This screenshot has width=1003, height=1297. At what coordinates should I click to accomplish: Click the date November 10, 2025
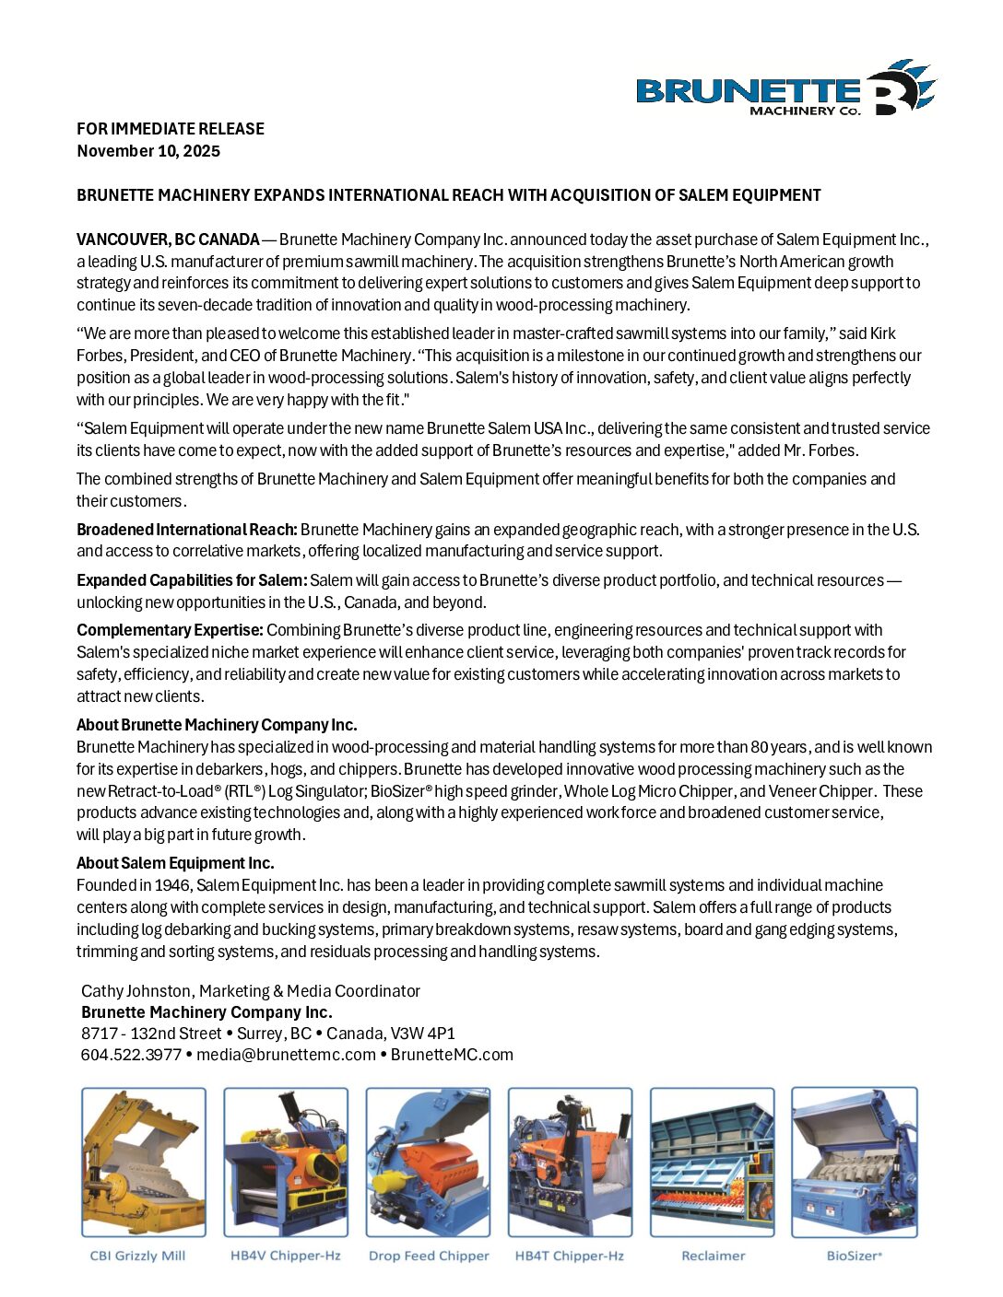point(148,151)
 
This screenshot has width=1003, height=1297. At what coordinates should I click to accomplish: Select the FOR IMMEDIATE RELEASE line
point(171,129)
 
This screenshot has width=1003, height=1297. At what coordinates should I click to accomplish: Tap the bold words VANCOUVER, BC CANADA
point(168,240)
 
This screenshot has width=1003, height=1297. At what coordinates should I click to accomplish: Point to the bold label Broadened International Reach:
point(187,530)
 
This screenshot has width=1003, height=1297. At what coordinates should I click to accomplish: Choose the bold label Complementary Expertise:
point(170,630)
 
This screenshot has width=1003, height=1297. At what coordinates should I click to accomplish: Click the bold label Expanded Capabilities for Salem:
point(192,580)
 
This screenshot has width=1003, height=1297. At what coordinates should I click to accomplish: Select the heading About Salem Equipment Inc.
point(175,863)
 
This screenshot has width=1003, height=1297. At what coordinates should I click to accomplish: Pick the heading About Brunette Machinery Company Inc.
point(217,725)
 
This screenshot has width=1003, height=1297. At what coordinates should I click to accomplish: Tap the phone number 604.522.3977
point(131,1055)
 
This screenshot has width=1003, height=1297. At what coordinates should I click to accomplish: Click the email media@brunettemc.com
point(286,1055)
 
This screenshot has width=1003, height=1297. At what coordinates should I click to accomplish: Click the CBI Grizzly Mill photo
point(144,1162)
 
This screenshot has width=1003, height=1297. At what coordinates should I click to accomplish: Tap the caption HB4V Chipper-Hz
point(286,1256)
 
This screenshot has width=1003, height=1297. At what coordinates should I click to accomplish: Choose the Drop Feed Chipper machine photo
point(428,1162)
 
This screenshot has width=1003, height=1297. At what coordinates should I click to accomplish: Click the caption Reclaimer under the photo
point(713,1256)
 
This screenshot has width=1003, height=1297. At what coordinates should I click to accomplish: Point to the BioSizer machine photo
point(855,1162)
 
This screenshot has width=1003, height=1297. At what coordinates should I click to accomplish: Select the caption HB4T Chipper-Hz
point(570,1256)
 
